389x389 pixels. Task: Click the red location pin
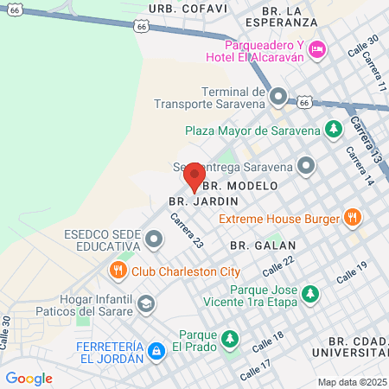[x=194, y=177]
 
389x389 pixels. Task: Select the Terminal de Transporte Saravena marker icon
[x=278, y=96]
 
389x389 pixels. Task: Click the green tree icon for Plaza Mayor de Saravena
[x=333, y=131]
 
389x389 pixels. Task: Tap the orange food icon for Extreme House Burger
[x=352, y=219]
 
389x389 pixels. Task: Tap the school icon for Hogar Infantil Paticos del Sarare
[x=147, y=303]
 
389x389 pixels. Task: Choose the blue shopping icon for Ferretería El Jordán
[x=156, y=351]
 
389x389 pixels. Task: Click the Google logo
[x=29, y=378]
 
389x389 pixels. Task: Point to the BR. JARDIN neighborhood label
[x=191, y=201]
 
